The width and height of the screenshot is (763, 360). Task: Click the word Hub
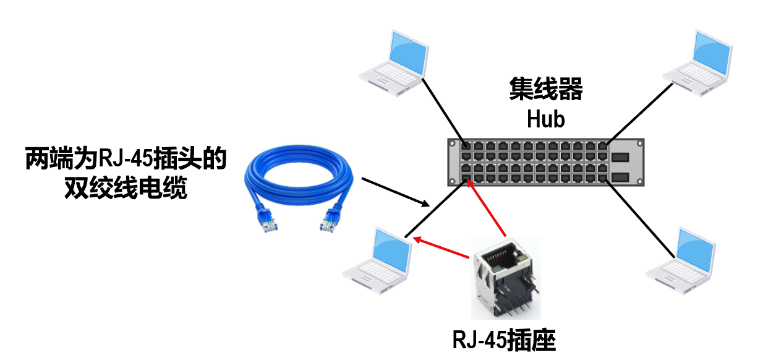[546, 119]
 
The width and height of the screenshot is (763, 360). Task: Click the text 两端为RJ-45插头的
[126, 159]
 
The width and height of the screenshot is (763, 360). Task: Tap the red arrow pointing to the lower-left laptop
[441, 247]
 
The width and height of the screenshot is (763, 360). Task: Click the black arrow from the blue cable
[395, 192]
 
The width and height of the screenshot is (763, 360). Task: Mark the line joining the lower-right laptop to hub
[640, 220]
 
